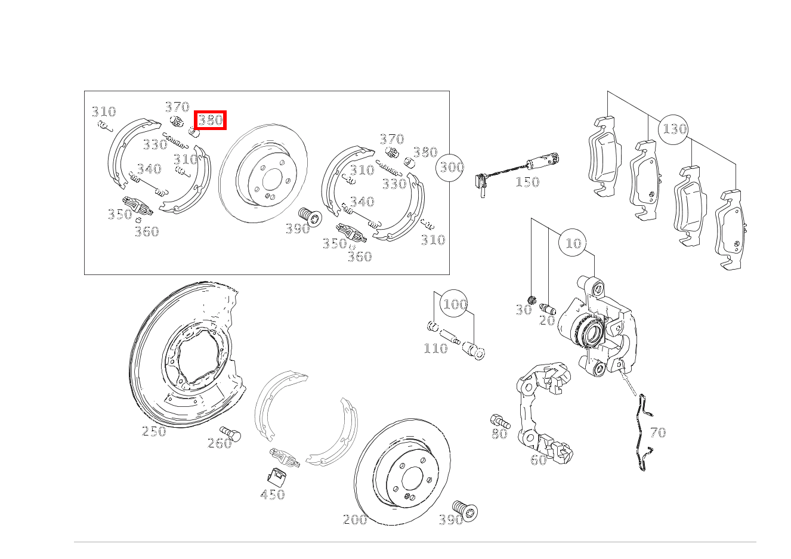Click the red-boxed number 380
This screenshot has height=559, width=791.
coord(210,121)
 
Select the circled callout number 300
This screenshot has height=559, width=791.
coord(450,167)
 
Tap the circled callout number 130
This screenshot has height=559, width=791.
coord(673,129)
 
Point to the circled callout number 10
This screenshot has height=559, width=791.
coord(573,243)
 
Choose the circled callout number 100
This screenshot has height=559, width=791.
coord(455,304)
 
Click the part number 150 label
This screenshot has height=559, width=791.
coord(527,182)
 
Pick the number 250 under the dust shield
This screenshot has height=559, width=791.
coord(154,431)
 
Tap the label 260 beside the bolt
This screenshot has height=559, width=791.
coord(220,443)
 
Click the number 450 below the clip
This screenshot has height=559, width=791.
coord(272,495)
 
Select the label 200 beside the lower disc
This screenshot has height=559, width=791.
coord(355,520)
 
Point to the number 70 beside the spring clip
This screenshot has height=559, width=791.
coord(658,433)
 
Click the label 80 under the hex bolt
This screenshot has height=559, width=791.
coord(500,434)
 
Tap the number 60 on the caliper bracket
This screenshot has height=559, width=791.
coord(539,460)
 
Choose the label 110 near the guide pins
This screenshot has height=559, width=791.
coord(435,349)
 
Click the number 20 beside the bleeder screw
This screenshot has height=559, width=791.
coord(547,320)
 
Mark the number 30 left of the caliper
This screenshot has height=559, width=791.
coord(524,310)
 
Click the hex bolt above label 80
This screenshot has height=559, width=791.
coord(500,421)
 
